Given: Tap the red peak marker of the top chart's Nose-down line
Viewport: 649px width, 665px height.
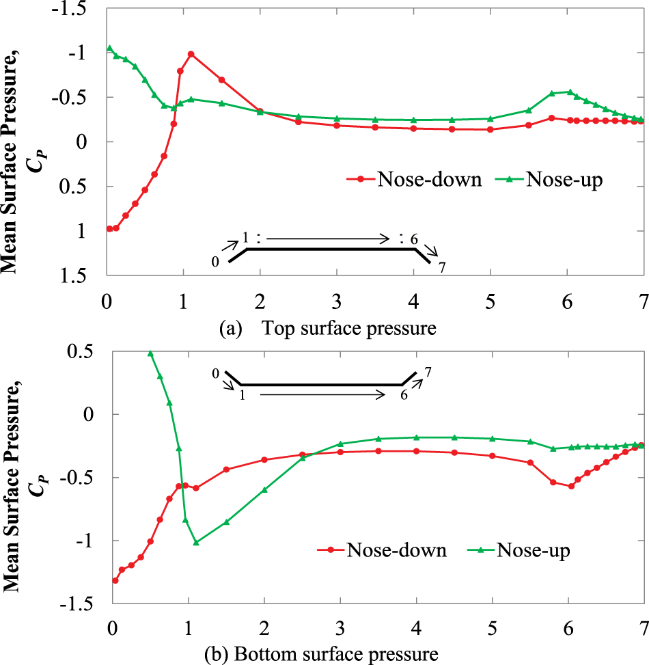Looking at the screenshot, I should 191,54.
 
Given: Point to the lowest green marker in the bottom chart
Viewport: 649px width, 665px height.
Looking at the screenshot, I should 196,543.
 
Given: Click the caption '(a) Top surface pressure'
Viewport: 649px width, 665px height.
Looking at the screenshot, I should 327,329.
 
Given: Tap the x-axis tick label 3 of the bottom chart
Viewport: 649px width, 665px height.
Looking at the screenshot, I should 340,627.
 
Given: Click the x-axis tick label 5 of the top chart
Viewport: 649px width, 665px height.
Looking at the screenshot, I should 490,302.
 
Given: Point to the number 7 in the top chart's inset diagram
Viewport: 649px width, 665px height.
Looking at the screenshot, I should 442,267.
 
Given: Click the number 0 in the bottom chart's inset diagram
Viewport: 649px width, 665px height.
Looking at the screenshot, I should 215,373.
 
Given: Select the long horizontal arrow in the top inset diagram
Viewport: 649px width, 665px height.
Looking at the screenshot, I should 328,239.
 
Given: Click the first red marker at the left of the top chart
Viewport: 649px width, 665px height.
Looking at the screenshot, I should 109,229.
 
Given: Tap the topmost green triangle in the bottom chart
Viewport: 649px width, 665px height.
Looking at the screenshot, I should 150,353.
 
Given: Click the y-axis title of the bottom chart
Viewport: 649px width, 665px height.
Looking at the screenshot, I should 19,502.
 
